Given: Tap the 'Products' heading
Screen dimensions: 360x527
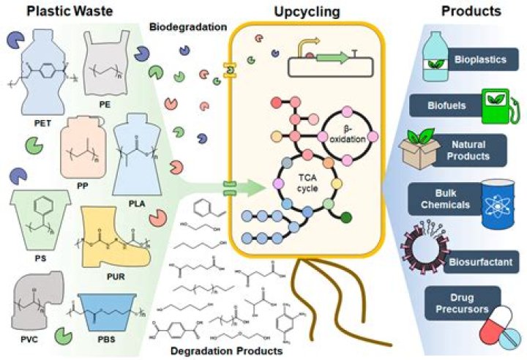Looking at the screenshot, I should tap(472, 12).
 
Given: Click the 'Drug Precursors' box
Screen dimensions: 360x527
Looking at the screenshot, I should tap(463, 301).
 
